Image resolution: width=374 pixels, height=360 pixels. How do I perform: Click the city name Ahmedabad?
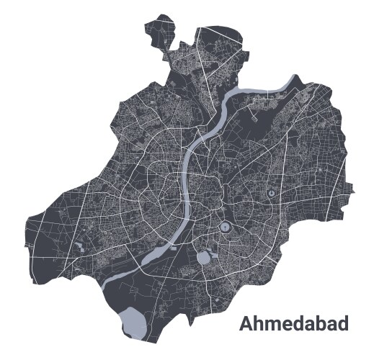(x=293, y=324)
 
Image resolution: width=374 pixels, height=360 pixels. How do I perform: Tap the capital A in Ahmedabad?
(x=246, y=324)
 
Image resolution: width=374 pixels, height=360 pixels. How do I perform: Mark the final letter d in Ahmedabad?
(x=342, y=324)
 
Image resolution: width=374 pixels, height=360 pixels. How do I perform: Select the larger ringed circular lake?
(x=225, y=228)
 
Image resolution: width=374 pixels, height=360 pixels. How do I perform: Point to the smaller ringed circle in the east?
(x=270, y=193)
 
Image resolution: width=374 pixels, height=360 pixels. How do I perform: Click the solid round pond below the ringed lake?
(x=204, y=256)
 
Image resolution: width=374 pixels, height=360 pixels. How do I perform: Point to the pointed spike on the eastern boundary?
(x=352, y=189)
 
